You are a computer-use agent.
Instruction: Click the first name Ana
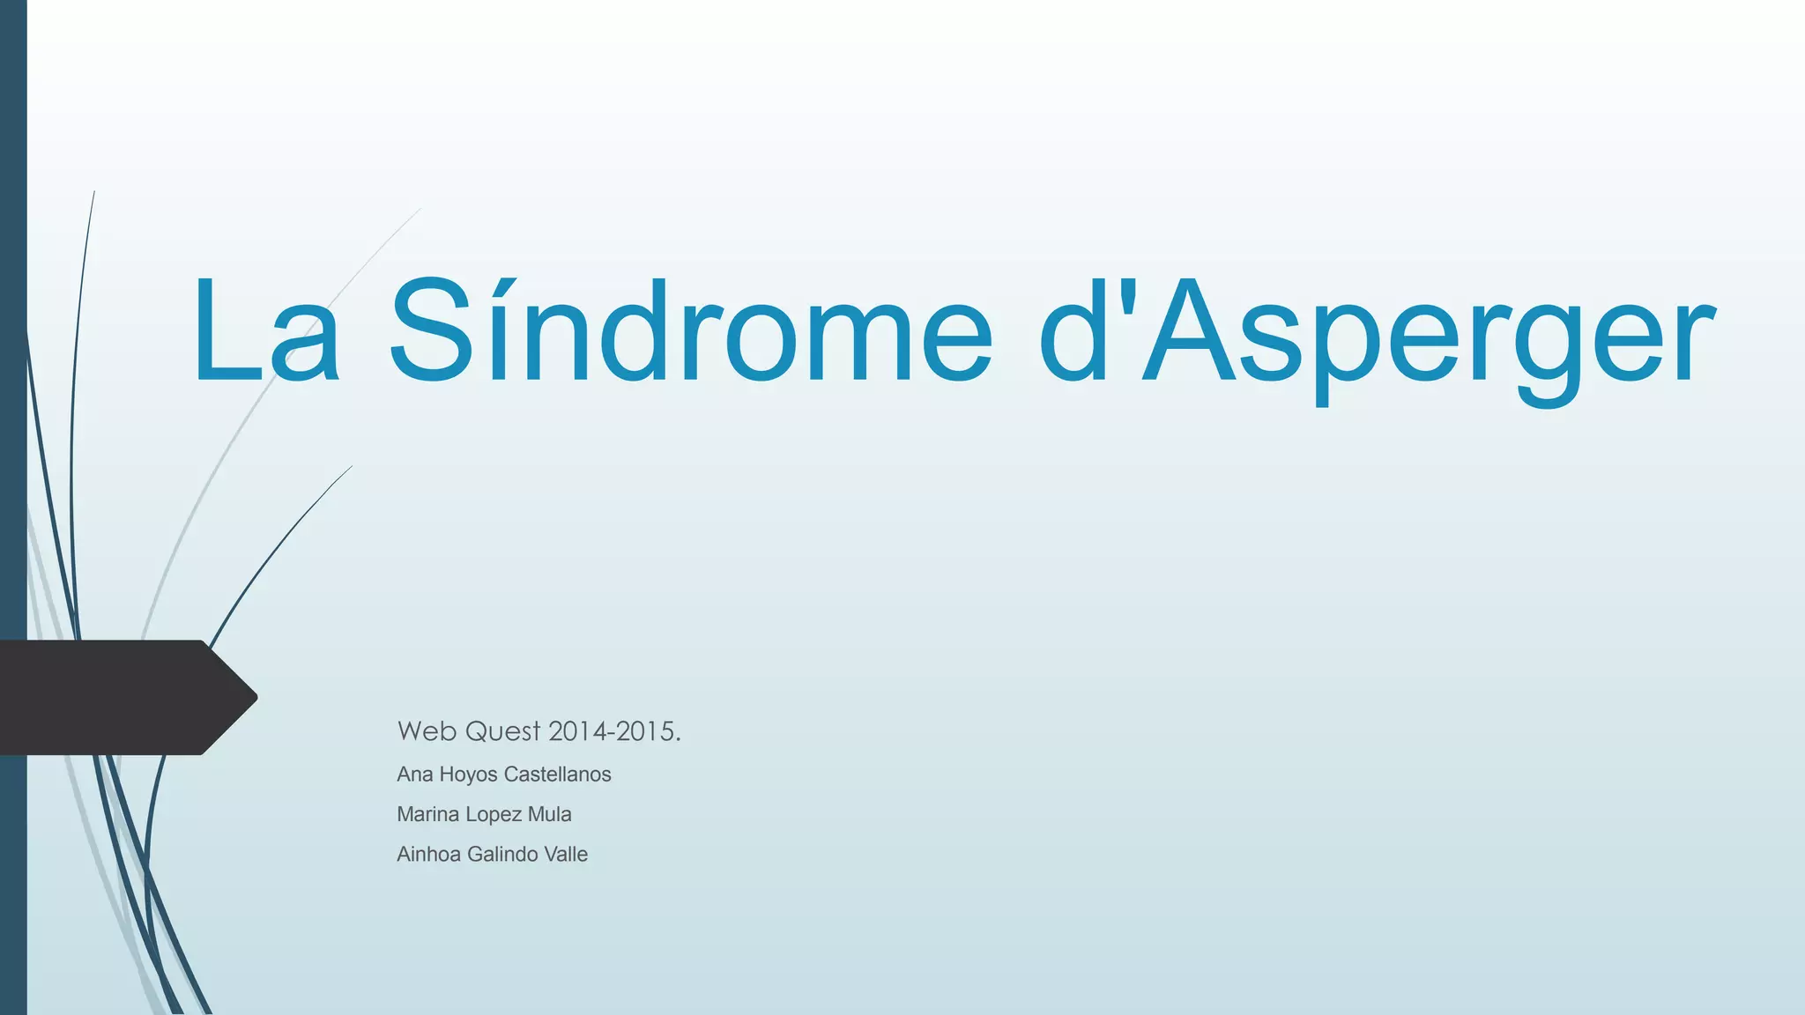point(414,774)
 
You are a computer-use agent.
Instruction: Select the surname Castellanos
point(557,774)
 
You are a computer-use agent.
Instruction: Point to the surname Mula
point(549,814)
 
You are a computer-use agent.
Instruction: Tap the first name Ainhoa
point(428,854)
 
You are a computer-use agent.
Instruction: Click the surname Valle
point(566,854)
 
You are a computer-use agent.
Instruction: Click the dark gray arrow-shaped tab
point(115,697)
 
